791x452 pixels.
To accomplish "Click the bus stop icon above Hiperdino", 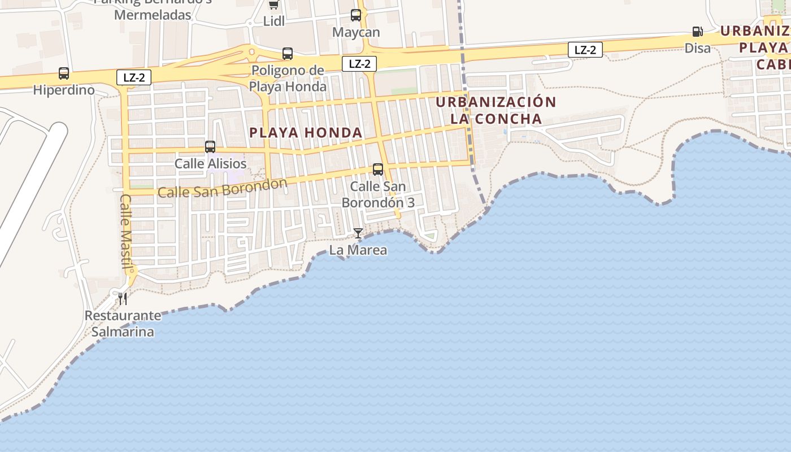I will point(64,73).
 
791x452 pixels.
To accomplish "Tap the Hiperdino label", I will point(64,90).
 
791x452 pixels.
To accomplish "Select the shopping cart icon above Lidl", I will point(274,5).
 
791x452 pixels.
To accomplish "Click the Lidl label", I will point(274,21).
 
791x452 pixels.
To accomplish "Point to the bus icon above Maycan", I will point(356,15).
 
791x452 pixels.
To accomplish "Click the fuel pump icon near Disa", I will point(698,32).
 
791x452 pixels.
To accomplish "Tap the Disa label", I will point(698,48).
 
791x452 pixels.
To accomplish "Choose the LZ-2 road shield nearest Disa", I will point(585,50).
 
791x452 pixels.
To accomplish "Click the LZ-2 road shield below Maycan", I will point(359,64).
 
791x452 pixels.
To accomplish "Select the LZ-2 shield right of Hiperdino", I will point(134,78).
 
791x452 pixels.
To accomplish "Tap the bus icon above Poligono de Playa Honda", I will point(288,54).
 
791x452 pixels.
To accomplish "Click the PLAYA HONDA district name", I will point(306,133).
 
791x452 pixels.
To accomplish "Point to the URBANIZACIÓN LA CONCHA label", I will point(496,111).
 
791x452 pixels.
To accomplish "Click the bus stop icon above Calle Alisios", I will point(210,147).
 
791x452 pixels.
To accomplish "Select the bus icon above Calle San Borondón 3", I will point(378,169).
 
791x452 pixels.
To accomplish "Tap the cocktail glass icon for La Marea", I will point(358,233).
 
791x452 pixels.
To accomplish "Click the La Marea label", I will point(358,250).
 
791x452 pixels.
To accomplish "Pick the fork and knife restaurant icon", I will point(123,298).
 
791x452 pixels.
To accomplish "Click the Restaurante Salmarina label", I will point(123,324).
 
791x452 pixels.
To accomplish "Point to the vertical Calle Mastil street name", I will point(126,232).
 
